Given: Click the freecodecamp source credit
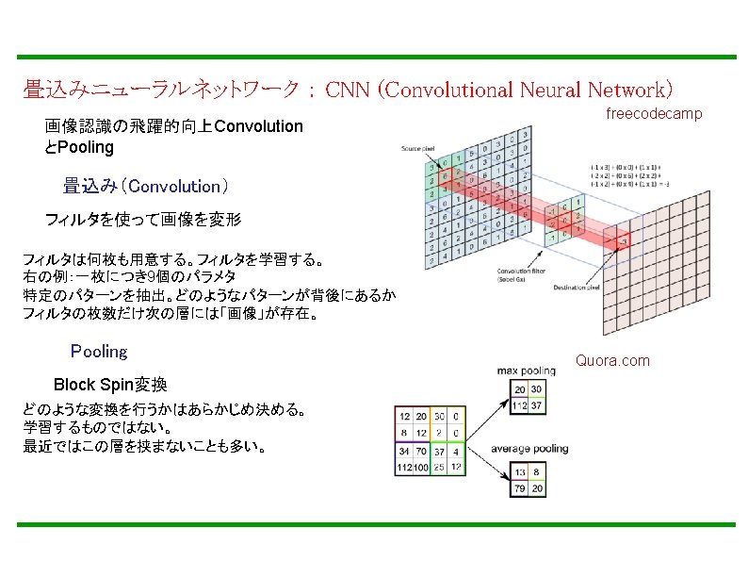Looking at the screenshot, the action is pyautogui.click(x=654, y=114).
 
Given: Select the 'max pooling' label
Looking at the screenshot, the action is pyautogui.click(x=527, y=371).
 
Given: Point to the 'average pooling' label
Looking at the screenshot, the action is pyautogui.click(x=529, y=449).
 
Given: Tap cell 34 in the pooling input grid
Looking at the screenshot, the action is pyautogui.click(x=406, y=451).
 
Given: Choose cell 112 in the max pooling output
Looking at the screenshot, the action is pyautogui.click(x=519, y=406).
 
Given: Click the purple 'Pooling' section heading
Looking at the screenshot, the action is pyautogui.click(x=99, y=352).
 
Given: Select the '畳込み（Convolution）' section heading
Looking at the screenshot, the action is pyautogui.click(x=146, y=186).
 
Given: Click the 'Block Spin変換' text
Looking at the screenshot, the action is pyautogui.click(x=110, y=385).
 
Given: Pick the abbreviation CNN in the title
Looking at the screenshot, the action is pyautogui.click(x=346, y=91).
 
